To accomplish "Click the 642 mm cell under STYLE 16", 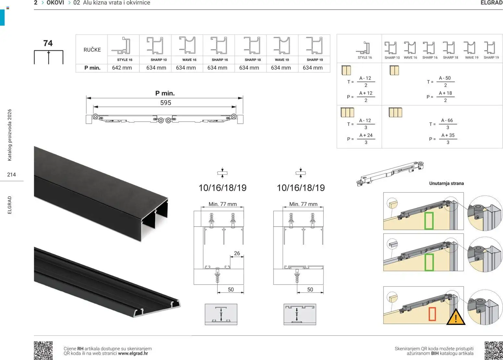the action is click(x=122, y=68).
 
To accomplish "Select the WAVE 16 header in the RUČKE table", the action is click(x=189, y=60).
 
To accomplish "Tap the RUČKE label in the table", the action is click(x=92, y=50).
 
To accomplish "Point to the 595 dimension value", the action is click(x=166, y=103).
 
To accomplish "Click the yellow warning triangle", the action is click(x=456, y=317).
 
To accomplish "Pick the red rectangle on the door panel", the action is click(x=432, y=314).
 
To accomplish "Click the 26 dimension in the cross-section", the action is click(x=237, y=253).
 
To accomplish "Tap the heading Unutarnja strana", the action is click(x=447, y=183).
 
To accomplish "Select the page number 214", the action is click(x=11, y=175).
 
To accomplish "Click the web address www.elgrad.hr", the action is click(x=133, y=353).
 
